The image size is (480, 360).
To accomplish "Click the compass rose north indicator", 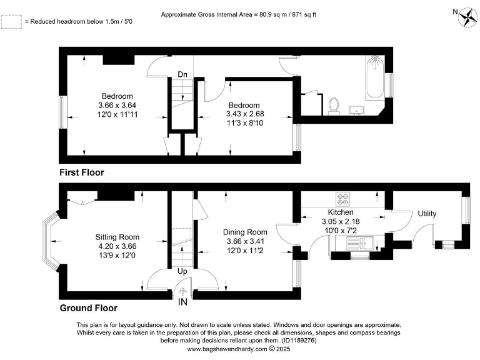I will tap(466, 17).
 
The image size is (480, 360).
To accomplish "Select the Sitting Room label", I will tap(117, 237).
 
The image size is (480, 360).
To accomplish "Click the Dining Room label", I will tap(245, 232).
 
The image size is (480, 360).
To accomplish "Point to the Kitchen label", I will tap(341, 212).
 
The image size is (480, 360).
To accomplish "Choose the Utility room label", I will tap(427, 214).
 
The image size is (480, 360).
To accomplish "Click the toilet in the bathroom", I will tap(334, 106).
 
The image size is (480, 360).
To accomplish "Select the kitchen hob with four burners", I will tap(343, 199).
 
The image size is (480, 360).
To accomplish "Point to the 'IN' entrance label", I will tap(182, 302).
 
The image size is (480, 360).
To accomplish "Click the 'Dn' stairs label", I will tap(182, 75).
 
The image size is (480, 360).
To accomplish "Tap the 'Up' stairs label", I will tap(182, 272).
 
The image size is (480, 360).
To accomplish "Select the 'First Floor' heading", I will tap(81, 172).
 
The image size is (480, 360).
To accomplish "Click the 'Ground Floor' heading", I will tap(88, 308).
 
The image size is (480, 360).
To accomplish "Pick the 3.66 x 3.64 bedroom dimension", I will tap(117, 105).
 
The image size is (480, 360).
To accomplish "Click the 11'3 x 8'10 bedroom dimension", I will tap(243, 123).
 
